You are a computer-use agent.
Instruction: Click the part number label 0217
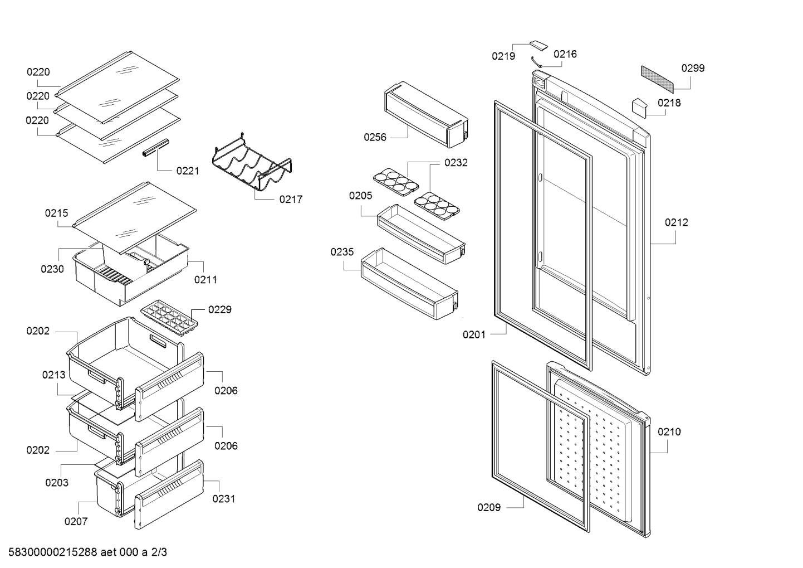[291, 199]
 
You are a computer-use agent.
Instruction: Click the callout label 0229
[220, 309]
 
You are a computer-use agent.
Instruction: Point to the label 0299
[693, 68]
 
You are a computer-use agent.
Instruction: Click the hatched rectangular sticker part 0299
[657, 79]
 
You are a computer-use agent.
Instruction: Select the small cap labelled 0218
[639, 108]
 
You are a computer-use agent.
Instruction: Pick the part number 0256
[375, 137]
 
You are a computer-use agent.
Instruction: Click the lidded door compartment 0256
[426, 114]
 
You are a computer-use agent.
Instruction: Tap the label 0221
[188, 171]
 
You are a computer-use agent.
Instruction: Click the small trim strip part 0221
[156, 148]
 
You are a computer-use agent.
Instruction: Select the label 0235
[342, 252]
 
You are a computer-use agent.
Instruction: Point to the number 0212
[677, 222]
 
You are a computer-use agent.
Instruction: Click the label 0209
[489, 507]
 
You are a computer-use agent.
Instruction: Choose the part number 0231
[224, 499]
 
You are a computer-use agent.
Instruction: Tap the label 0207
[76, 521]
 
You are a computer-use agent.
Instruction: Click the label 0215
[56, 213]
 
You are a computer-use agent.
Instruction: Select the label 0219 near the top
[503, 56]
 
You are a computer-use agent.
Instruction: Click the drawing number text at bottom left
[88, 552]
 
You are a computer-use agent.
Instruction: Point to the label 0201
[474, 335]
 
